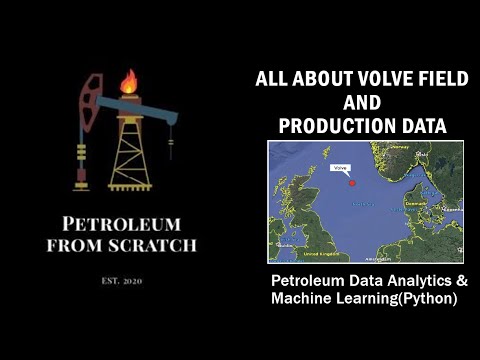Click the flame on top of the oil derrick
[x=128, y=80]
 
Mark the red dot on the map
[x=351, y=181]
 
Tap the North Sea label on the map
[x=362, y=204]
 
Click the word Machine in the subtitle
[x=301, y=299]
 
